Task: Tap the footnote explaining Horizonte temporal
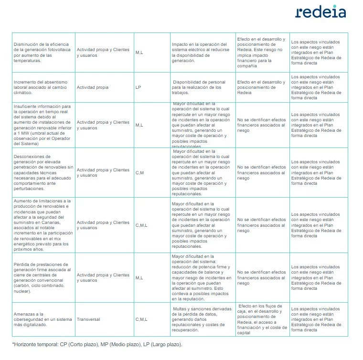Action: (97, 344)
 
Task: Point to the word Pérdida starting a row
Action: (22, 264)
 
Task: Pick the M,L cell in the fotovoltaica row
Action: (139, 53)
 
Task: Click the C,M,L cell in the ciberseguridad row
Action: (142, 319)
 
